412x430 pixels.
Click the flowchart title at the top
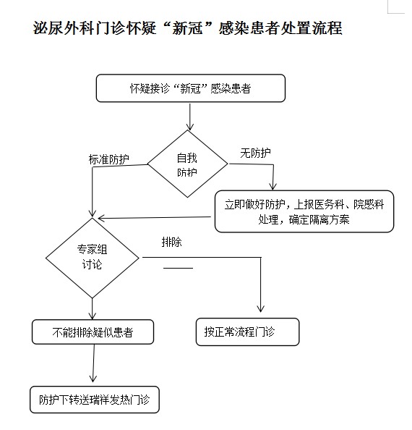(x=187, y=28)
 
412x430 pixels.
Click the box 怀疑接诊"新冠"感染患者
(x=191, y=88)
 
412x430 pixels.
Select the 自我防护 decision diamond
(x=187, y=164)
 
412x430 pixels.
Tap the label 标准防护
(x=108, y=159)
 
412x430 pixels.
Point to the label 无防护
(x=255, y=153)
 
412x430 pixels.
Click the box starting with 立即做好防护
(x=304, y=211)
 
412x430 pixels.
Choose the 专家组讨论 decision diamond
(x=93, y=258)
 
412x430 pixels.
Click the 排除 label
(x=171, y=243)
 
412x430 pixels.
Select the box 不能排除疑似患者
(x=93, y=332)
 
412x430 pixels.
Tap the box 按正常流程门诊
(x=247, y=332)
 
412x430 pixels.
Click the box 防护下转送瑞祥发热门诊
(x=95, y=400)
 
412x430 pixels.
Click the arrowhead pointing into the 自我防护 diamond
(x=190, y=127)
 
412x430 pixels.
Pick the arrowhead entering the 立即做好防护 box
(x=272, y=187)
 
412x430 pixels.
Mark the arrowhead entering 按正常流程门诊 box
(x=261, y=309)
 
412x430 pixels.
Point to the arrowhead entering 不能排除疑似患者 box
(x=93, y=316)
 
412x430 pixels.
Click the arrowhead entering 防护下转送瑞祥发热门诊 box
(x=93, y=379)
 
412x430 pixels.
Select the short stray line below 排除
(x=179, y=268)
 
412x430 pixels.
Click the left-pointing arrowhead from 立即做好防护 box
(x=102, y=219)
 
